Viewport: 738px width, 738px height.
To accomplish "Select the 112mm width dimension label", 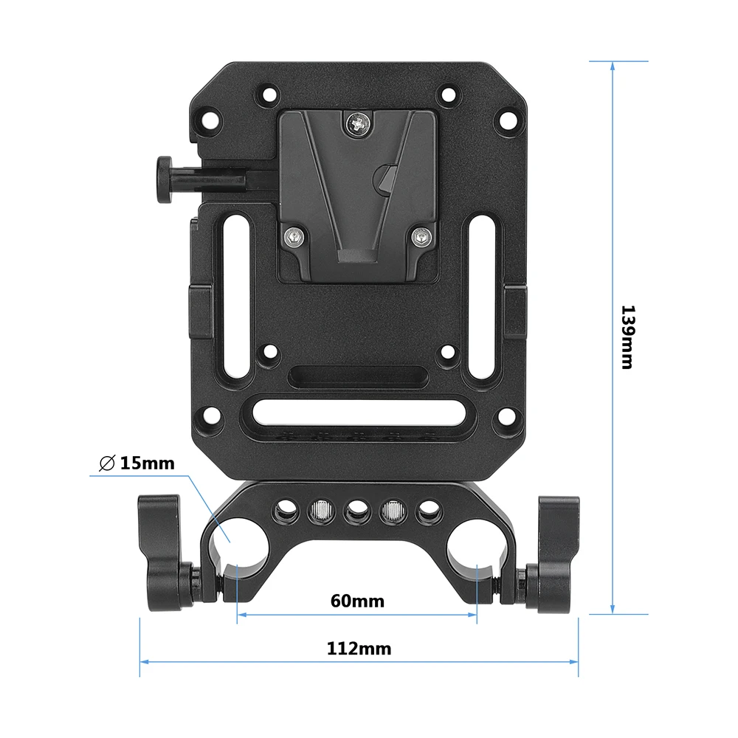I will point(359,649).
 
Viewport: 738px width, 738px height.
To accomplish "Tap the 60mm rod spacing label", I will point(358,601).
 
